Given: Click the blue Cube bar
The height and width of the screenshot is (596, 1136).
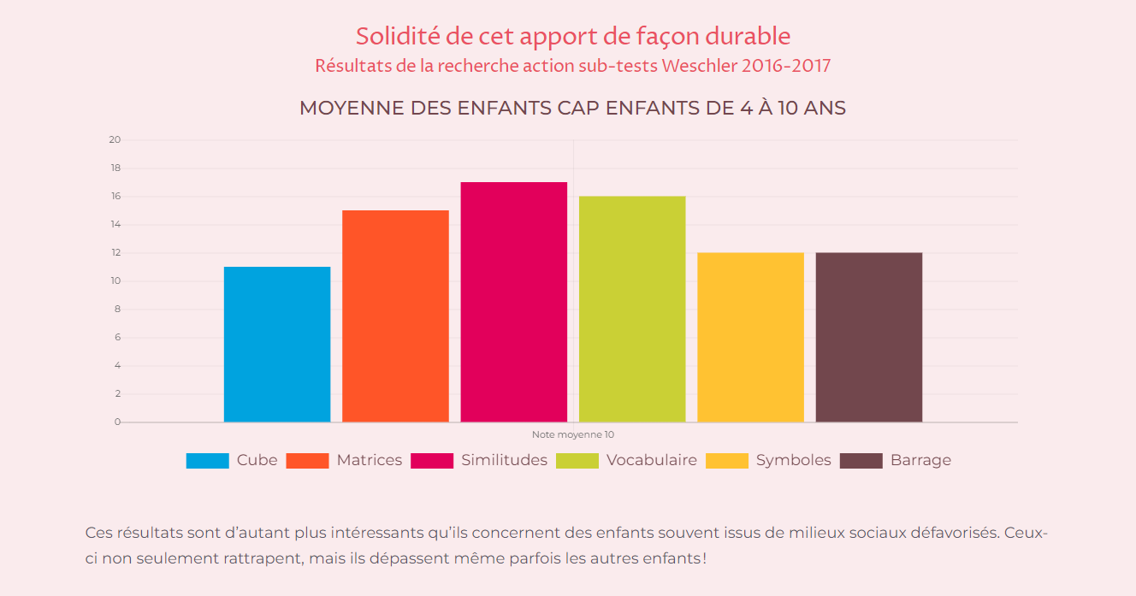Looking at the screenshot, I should click(277, 344).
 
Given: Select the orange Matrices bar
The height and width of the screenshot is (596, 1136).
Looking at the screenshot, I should click(395, 316).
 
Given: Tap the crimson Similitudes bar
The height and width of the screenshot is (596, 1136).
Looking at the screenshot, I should click(513, 302).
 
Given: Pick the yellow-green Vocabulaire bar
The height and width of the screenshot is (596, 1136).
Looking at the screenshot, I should click(632, 309).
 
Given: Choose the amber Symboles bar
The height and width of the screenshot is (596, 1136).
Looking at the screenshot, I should click(750, 337).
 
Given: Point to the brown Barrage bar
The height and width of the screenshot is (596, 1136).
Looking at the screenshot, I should click(868, 337).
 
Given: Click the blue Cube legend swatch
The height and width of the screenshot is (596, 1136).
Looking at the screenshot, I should click(207, 461).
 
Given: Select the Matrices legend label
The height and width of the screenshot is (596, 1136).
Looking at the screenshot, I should click(369, 460).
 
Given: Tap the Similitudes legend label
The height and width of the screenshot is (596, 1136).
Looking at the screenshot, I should click(504, 460).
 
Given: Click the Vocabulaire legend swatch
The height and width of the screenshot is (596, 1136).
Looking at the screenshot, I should click(577, 461).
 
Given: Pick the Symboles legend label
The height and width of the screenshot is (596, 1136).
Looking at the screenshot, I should click(793, 460).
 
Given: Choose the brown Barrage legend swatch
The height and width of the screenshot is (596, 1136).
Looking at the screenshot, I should click(861, 461).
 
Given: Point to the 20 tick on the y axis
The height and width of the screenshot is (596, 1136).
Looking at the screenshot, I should click(115, 140).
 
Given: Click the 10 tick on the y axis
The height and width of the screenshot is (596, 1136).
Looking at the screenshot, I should click(115, 281).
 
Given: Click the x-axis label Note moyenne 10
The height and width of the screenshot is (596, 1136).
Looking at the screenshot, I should click(573, 435).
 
